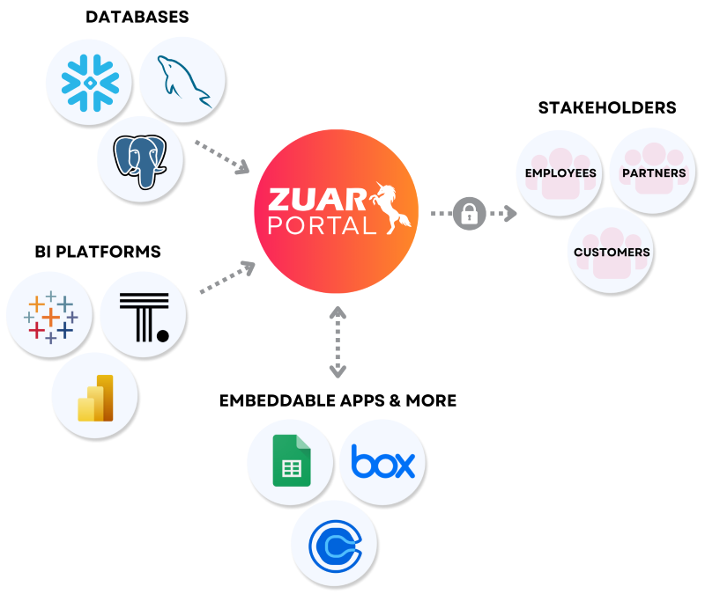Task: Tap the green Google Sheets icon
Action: [290, 460]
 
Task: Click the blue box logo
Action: [382, 461]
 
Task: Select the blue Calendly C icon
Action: [336, 544]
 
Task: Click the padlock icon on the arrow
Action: [470, 214]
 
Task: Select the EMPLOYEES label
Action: [560, 173]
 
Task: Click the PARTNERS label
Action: [654, 173]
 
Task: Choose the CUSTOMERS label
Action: [612, 253]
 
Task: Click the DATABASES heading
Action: [137, 17]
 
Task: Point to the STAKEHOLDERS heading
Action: [607, 107]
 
